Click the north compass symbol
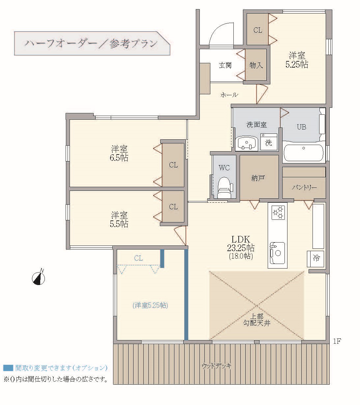tap(39, 278)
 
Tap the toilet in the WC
tap(225, 188)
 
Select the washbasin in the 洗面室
tap(246, 143)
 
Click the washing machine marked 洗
tap(269, 142)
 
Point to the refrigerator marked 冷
tap(315, 259)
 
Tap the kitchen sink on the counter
tap(277, 253)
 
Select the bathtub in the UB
tap(303, 153)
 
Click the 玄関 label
tap(225, 65)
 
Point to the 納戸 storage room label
tap(258, 178)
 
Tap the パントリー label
tap(304, 187)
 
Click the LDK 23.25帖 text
tap(241, 244)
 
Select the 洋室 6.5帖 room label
tap(119, 153)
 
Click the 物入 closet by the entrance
tap(256, 65)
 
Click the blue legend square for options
tap(8, 368)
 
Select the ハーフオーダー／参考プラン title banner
tap(92, 43)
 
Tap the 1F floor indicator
tap(337, 341)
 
